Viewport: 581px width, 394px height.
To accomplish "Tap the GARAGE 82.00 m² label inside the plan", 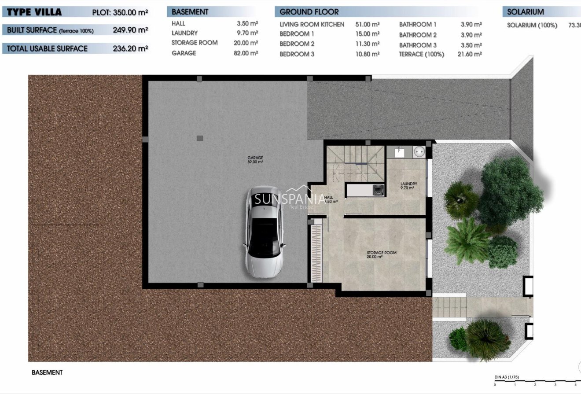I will [x=255, y=159].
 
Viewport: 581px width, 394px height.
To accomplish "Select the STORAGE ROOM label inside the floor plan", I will [x=382, y=254].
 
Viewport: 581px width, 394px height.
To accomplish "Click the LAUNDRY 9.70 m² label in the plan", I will [x=408, y=186].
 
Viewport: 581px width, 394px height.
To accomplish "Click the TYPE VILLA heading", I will [x=35, y=12].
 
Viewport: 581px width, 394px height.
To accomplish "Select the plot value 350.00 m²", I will [x=130, y=12].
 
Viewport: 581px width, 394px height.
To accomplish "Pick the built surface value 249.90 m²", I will [x=130, y=30].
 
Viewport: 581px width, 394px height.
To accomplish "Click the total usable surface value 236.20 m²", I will [x=130, y=48].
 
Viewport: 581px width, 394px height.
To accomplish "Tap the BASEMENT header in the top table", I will [x=190, y=12].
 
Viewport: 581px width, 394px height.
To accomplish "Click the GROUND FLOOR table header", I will [x=309, y=12].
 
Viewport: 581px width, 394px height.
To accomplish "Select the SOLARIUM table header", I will [x=525, y=12].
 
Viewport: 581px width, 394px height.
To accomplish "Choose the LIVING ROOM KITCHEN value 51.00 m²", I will [x=367, y=24].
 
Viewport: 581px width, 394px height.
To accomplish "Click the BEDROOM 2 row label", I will [x=297, y=44].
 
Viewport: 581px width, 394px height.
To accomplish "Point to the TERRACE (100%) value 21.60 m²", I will [x=471, y=54].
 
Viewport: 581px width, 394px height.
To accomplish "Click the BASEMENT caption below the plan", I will [x=47, y=372].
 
